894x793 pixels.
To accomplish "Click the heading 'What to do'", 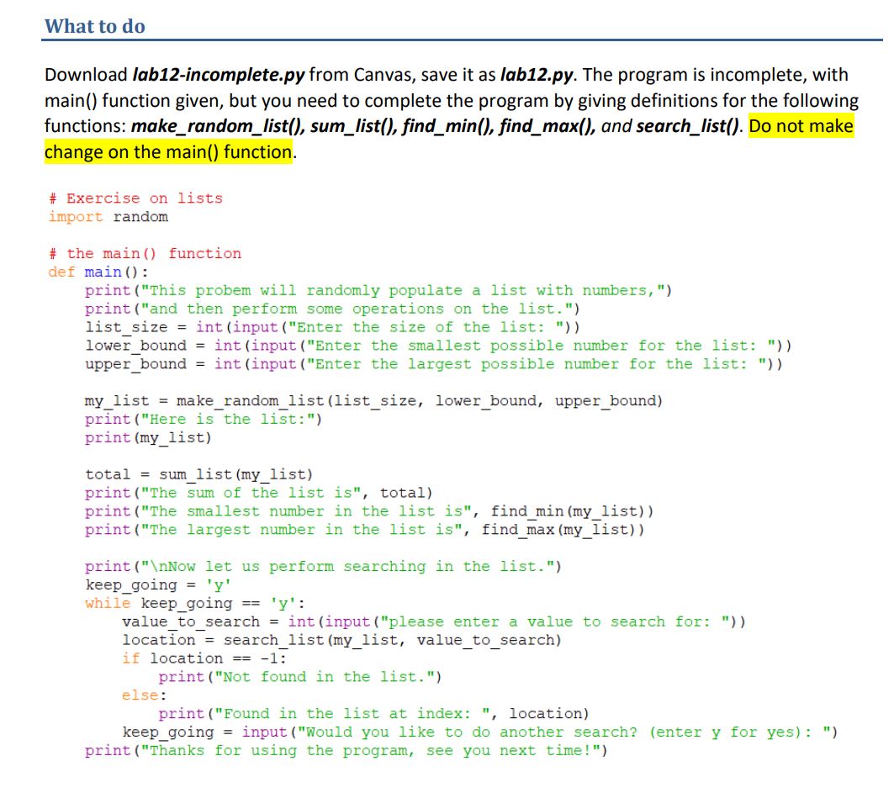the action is click(x=94, y=26).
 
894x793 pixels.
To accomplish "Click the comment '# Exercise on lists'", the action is click(x=135, y=198).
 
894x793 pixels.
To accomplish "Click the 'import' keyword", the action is click(x=76, y=217).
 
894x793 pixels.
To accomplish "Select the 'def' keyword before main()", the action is click(x=61, y=272).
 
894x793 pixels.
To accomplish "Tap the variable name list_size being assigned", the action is click(x=126, y=328).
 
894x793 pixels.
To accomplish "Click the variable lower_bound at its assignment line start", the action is click(x=135, y=346).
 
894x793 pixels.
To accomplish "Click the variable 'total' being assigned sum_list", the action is click(x=108, y=474).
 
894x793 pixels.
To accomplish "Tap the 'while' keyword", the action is click(x=108, y=604).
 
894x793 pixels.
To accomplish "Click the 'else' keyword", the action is click(x=140, y=695).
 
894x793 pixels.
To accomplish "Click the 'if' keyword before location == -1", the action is click(x=130, y=658).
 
